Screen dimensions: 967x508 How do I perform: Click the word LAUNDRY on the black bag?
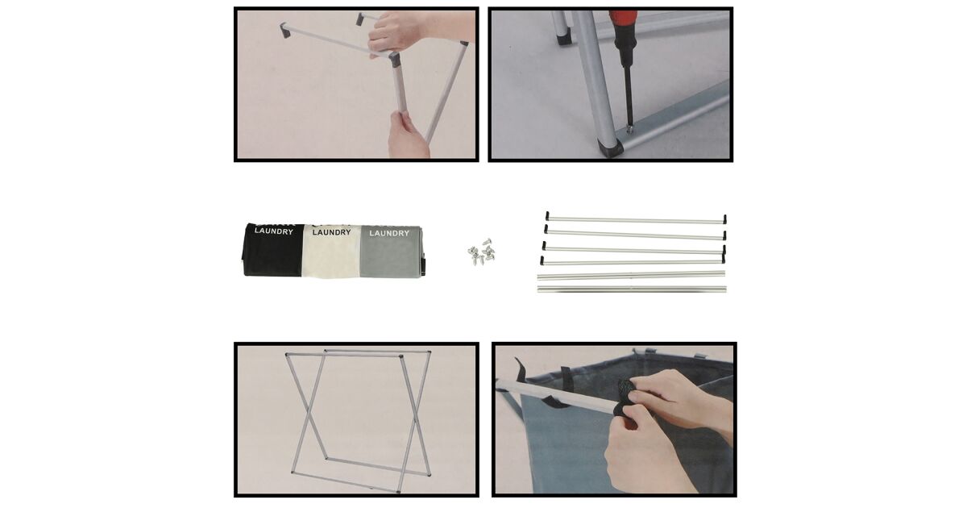(274, 231)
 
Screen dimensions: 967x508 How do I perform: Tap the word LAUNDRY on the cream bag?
(331, 232)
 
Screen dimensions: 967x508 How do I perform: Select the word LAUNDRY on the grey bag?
(389, 233)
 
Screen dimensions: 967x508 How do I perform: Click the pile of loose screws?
(481, 252)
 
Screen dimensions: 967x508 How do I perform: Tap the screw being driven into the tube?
(630, 128)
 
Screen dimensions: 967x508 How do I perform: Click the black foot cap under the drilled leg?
(609, 148)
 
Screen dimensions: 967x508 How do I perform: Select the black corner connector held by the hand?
(395, 59)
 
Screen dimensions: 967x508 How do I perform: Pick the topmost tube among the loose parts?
(636, 220)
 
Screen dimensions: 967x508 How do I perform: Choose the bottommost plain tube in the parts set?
(632, 289)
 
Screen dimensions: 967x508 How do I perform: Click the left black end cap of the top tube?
(547, 215)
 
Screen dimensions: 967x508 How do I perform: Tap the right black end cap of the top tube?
(724, 219)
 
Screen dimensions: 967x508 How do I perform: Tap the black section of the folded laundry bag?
(273, 250)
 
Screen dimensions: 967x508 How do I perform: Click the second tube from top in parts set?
(635, 234)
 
